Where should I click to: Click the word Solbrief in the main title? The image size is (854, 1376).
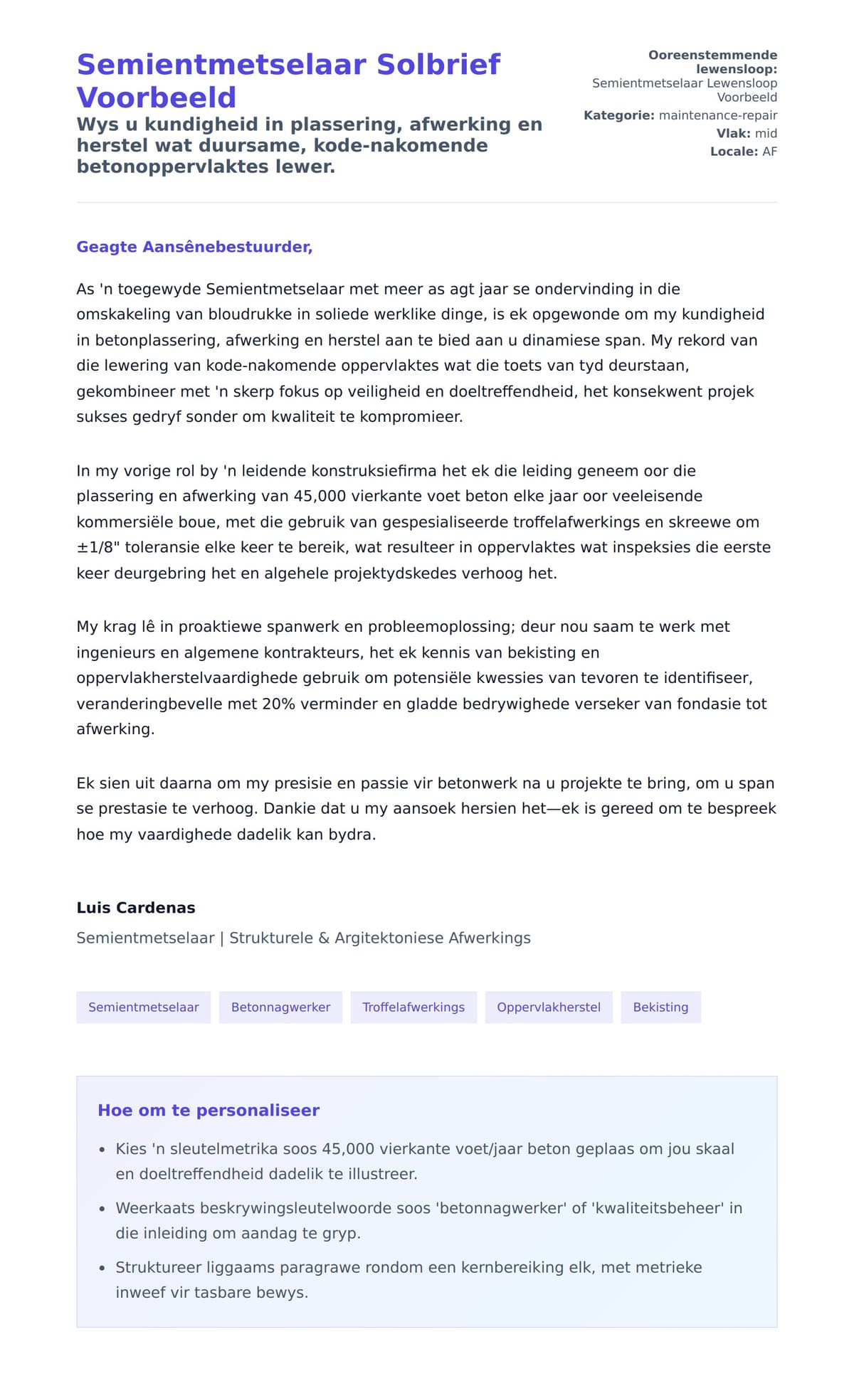point(438,65)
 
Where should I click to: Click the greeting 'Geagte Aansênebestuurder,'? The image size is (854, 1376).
point(194,247)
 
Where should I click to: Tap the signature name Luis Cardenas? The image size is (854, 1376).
point(135,908)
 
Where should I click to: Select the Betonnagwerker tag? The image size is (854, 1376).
point(280,1007)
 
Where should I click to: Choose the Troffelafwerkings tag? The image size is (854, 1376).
point(413,1007)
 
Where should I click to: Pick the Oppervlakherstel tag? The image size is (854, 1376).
point(548,1007)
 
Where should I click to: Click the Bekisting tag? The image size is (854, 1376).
point(660,1007)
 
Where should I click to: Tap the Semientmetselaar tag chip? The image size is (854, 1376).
point(143,1007)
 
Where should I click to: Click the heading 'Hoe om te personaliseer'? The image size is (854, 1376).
point(209,1111)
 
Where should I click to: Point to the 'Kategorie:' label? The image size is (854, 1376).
point(618,115)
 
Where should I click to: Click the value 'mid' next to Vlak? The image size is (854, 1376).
point(766,134)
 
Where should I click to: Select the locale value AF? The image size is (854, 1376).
point(769,152)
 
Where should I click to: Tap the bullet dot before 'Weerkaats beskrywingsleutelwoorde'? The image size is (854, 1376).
point(102,1209)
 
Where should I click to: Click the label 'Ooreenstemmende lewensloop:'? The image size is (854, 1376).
point(712,62)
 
